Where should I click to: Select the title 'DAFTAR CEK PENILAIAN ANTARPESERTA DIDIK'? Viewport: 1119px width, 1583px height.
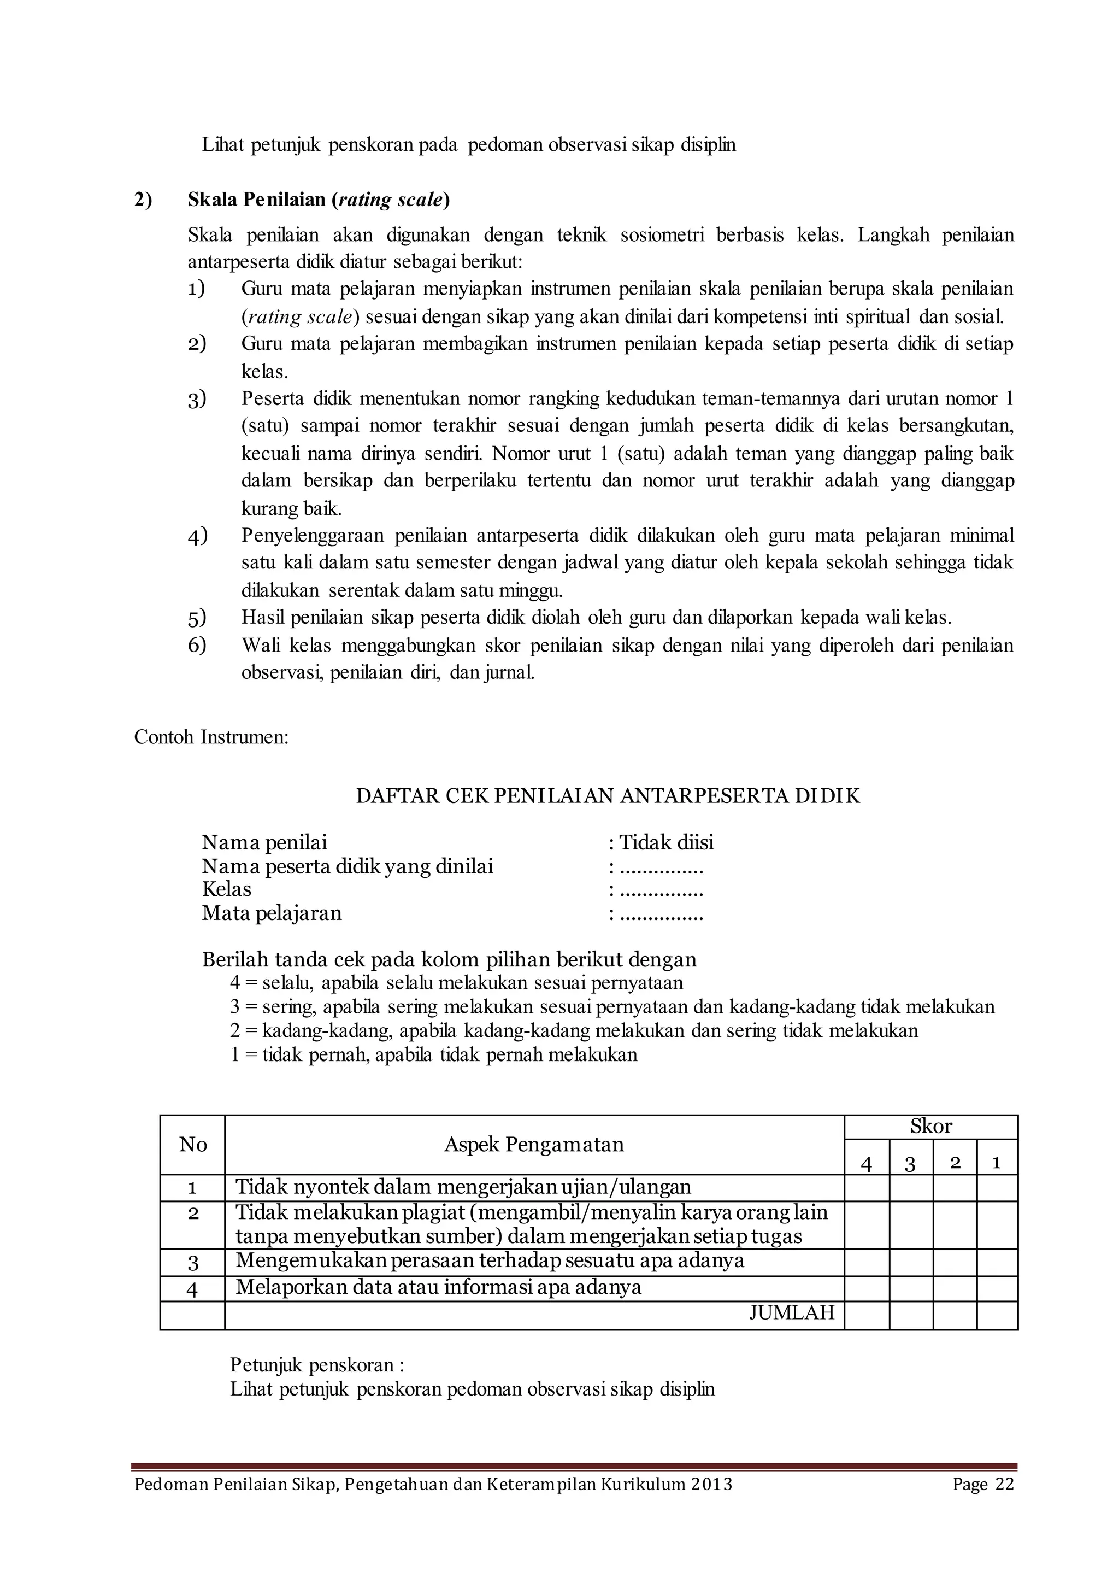pyautogui.click(x=608, y=796)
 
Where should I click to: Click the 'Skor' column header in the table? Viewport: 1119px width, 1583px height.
pyautogui.click(x=931, y=1127)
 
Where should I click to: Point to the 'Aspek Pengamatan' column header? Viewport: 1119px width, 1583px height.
pyautogui.click(x=534, y=1145)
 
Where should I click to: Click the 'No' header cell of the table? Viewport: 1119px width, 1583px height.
pyautogui.click(x=193, y=1145)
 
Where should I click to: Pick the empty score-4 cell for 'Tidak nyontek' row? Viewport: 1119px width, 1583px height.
pyautogui.click(x=867, y=1187)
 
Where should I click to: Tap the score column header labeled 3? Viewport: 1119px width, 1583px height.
pyautogui.click(x=910, y=1164)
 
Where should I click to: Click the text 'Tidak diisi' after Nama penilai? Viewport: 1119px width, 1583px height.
pyautogui.click(x=665, y=842)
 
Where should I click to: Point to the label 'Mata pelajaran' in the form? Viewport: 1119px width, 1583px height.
pyautogui.click(x=272, y=913)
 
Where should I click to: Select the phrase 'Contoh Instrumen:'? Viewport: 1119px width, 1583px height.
pyautogui.click(x=211, y=737)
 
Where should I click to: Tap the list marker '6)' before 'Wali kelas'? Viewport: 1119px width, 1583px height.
pyautogui.click(x=197, y=646)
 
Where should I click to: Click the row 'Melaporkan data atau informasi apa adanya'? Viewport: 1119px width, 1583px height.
pyautogui.click(x=438, y=1287)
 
